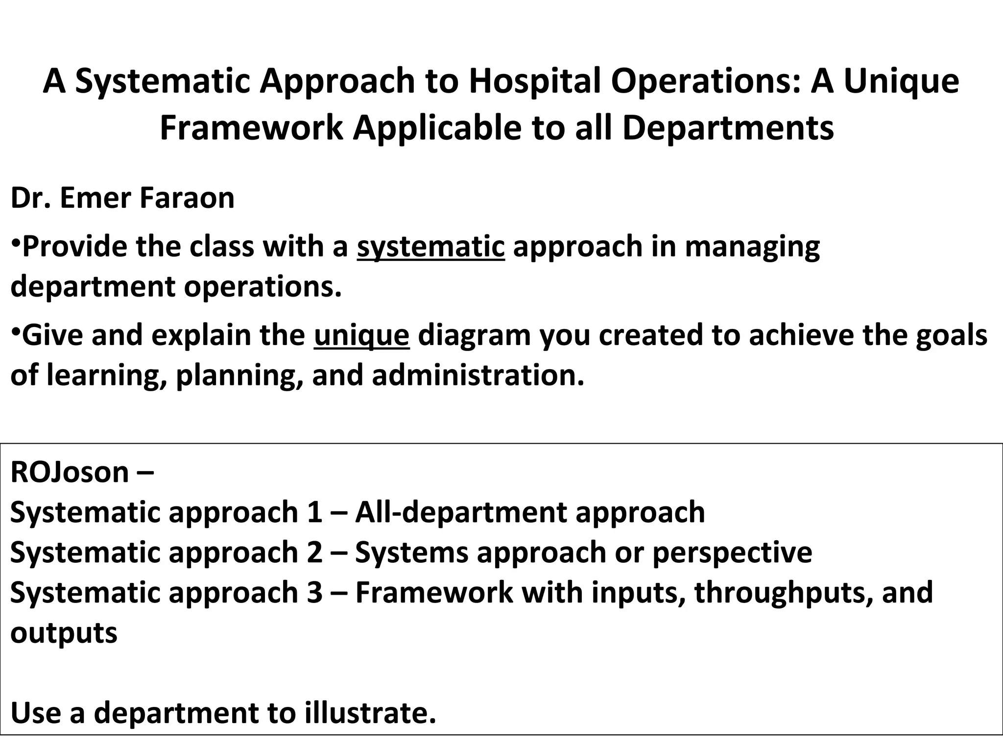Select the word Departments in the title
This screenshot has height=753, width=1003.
coord(728,128)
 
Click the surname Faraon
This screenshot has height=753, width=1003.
coord(187,198)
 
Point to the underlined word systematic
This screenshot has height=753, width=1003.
coord(430,246)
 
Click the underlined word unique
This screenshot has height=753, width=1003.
coord(361,335)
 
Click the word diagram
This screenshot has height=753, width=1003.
coord(474,335)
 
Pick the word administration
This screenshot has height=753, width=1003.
coord(478,376)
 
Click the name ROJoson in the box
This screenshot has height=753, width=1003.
coord(70,472)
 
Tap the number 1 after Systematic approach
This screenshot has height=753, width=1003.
coord(314,512)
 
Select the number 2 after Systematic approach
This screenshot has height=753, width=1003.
coord(314,552)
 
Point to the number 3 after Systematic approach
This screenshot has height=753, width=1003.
coord(314,593)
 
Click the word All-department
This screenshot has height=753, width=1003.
coord(461,512)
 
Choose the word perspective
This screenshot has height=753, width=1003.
coord(732,552)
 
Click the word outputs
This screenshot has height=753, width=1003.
coord(64,633)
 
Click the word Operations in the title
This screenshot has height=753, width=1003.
coord(705,81)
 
